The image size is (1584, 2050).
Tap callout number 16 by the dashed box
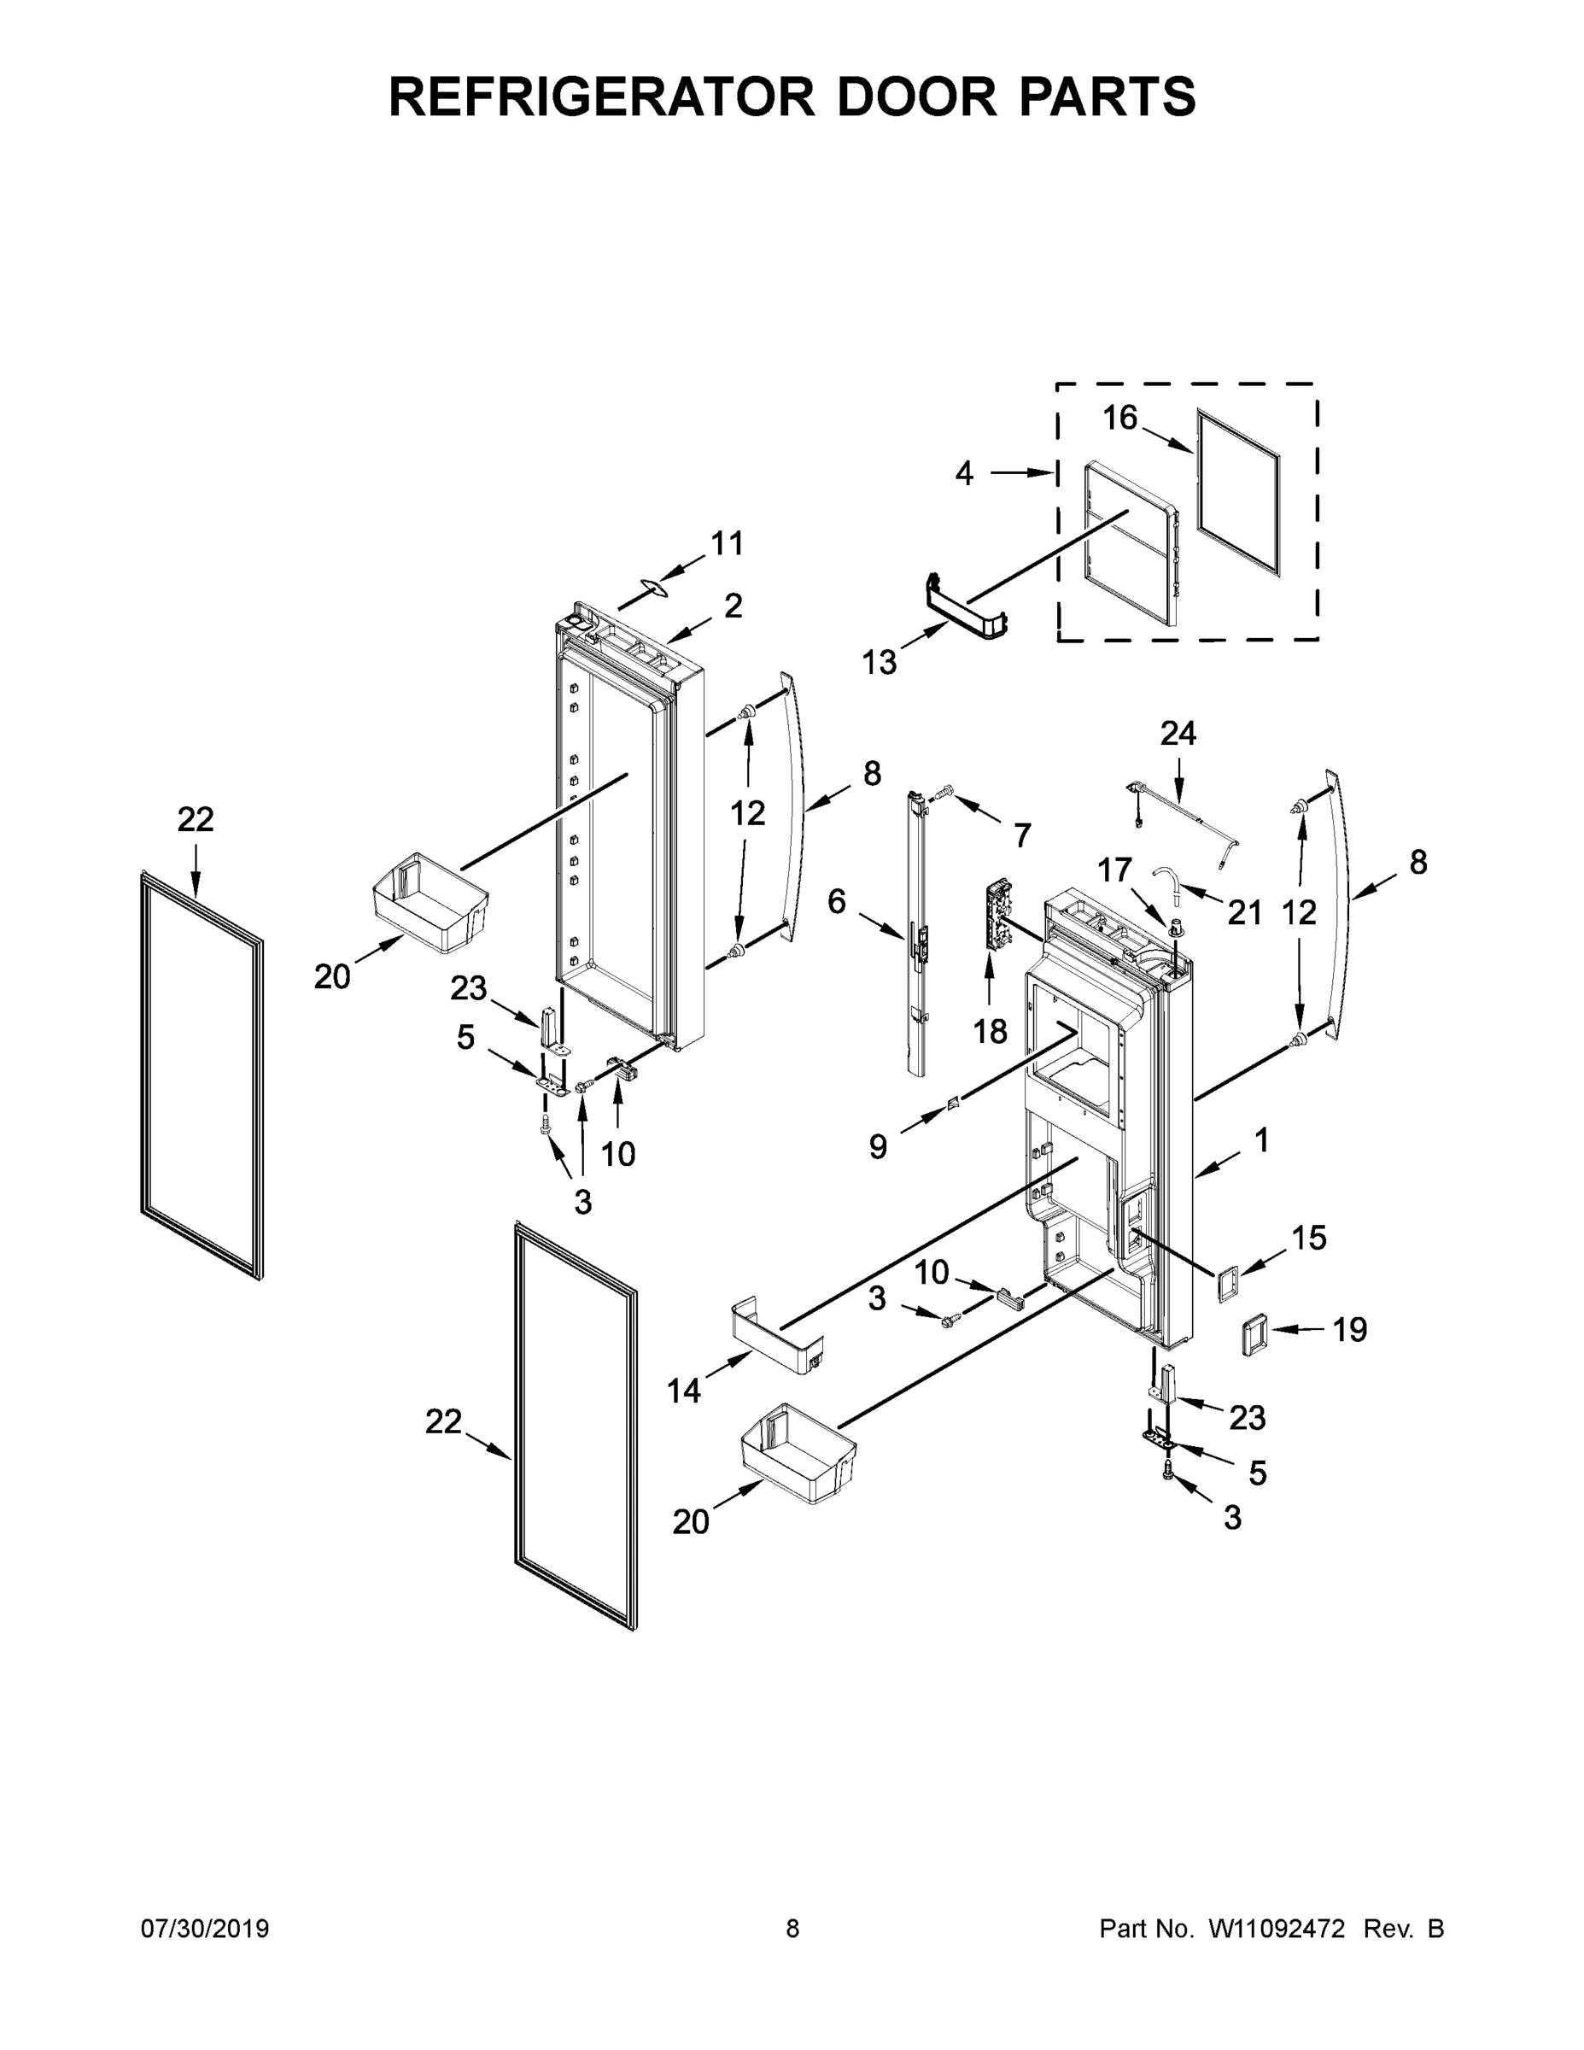pos(1119,418)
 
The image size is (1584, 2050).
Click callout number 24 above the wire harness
pos(1178,733)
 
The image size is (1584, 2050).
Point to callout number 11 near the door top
pos(727,543)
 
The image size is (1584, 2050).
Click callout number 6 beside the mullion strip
pos(836,902)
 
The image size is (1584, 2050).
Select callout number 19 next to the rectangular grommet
pos(1349,1329)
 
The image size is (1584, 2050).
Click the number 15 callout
pos(1308,1238)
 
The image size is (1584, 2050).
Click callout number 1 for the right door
pos(1261,1140)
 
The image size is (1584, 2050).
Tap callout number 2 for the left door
pos(733,606)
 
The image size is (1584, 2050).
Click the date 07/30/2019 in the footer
pos(205,1929)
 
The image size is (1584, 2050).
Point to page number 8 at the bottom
pos(792,1929)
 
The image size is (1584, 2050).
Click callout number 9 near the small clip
pos(878,1146)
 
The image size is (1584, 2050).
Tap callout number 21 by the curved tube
pos(1244,912)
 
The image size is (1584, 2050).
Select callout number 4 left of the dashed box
pos(964,474)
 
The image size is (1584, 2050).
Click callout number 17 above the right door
pos(1115,870)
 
